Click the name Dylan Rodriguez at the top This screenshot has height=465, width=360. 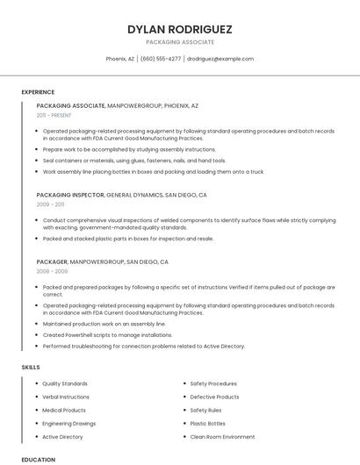click(179, 29)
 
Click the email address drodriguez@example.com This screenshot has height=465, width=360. click(220, 59)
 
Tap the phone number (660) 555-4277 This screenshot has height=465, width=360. click(161, 59)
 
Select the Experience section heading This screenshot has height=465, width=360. click(38, 92)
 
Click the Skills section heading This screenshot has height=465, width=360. click(31, 367)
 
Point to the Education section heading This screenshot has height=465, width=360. click(39, 459)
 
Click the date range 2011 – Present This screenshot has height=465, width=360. click(54, 115)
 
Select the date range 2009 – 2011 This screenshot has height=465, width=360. click(50, 204)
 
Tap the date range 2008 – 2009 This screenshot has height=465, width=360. click(51, 271)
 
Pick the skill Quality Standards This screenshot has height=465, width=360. click(65, 383)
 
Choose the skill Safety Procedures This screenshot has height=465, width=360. click(213, 383)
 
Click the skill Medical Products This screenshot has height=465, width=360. click(64, 410)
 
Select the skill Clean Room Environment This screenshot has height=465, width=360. click(223, 436)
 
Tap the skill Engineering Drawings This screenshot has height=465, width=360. click(69, 423)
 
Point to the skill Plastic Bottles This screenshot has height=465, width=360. click(208, 423)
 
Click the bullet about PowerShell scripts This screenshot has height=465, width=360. click(107, 334)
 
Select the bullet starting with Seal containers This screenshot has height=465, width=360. click(133, 161)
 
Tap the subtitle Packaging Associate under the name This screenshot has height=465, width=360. click(179, 41)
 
